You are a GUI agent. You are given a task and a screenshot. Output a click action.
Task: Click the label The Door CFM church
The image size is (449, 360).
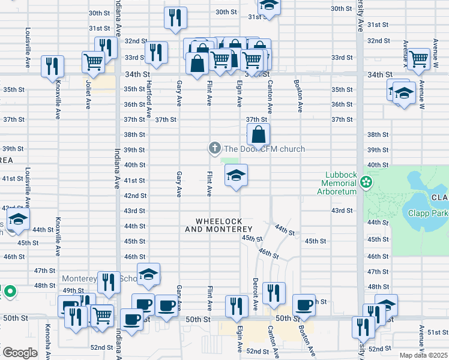(265, 149)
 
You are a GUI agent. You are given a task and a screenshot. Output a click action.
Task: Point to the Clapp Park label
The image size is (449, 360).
(428, 212)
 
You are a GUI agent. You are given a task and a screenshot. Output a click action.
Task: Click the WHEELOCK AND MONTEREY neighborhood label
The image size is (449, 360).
(218, 226)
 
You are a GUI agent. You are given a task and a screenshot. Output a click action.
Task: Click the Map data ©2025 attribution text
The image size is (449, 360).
(423, 355)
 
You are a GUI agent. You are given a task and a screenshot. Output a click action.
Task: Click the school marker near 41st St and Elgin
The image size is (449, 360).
(236, 176)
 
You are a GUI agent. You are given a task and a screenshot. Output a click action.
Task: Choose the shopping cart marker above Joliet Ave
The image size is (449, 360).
(94, 61)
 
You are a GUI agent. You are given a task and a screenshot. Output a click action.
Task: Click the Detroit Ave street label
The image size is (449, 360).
(256, 293)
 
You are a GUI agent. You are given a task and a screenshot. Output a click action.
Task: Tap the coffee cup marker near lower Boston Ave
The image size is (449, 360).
(304, 305)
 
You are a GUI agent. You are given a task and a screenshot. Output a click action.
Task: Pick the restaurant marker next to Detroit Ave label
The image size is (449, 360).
(274, 293)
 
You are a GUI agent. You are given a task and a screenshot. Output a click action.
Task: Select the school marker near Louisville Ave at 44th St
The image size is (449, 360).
(19, 220)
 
